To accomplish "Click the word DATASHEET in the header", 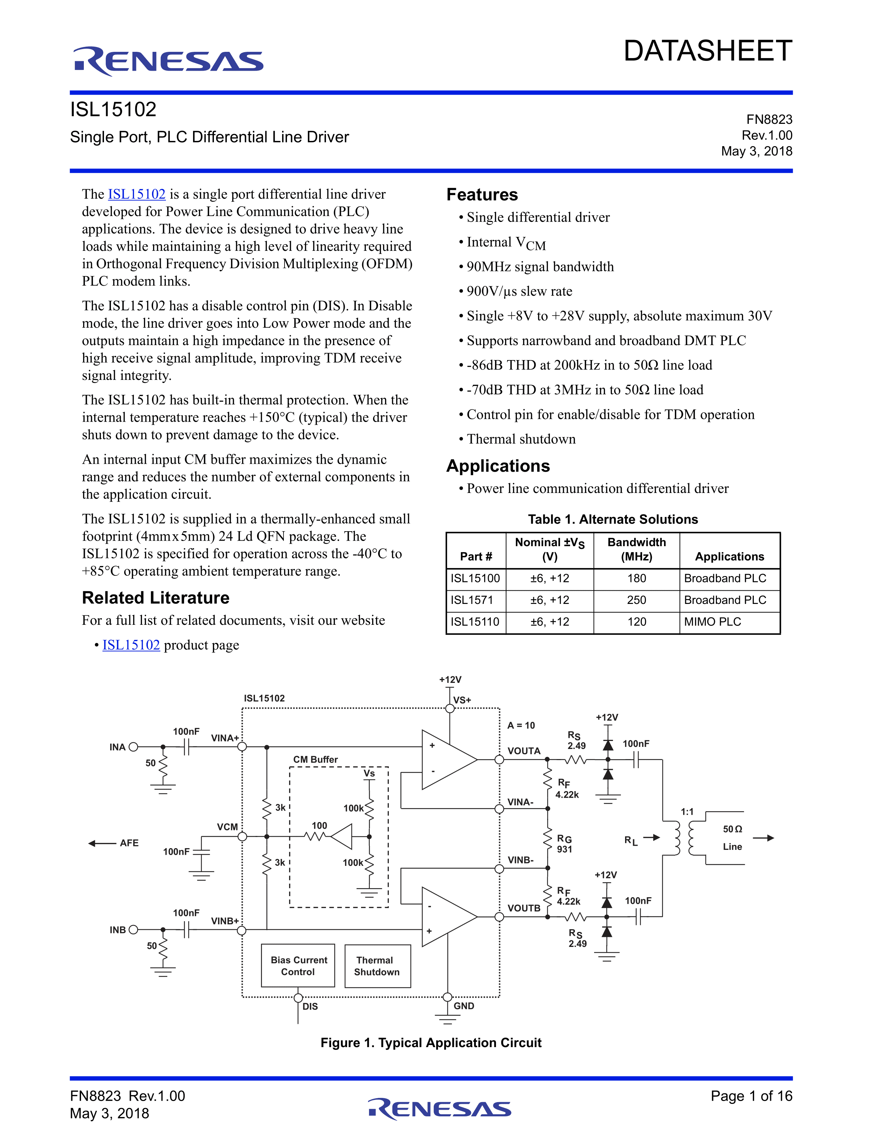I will [707, 51].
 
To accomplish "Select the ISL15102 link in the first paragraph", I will [137, 194].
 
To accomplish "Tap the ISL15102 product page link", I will [131, 645].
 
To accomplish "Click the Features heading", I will [482, 194].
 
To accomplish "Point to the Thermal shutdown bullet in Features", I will [521, 439].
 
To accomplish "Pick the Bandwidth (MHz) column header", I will [636, 549].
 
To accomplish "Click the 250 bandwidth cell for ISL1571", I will [636, 600].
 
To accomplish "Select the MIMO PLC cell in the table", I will [712, 622].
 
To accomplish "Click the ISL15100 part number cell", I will [475, 578].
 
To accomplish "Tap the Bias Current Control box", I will [298, 966].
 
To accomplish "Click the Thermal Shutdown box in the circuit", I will [377, 966].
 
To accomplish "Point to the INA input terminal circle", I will [134, 747].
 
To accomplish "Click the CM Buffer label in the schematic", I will [315, 759].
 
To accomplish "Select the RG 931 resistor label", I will [564, 844].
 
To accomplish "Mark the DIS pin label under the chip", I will [310, 1007].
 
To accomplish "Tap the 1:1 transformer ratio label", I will [687, 812].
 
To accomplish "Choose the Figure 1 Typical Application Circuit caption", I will [431, 1043].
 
